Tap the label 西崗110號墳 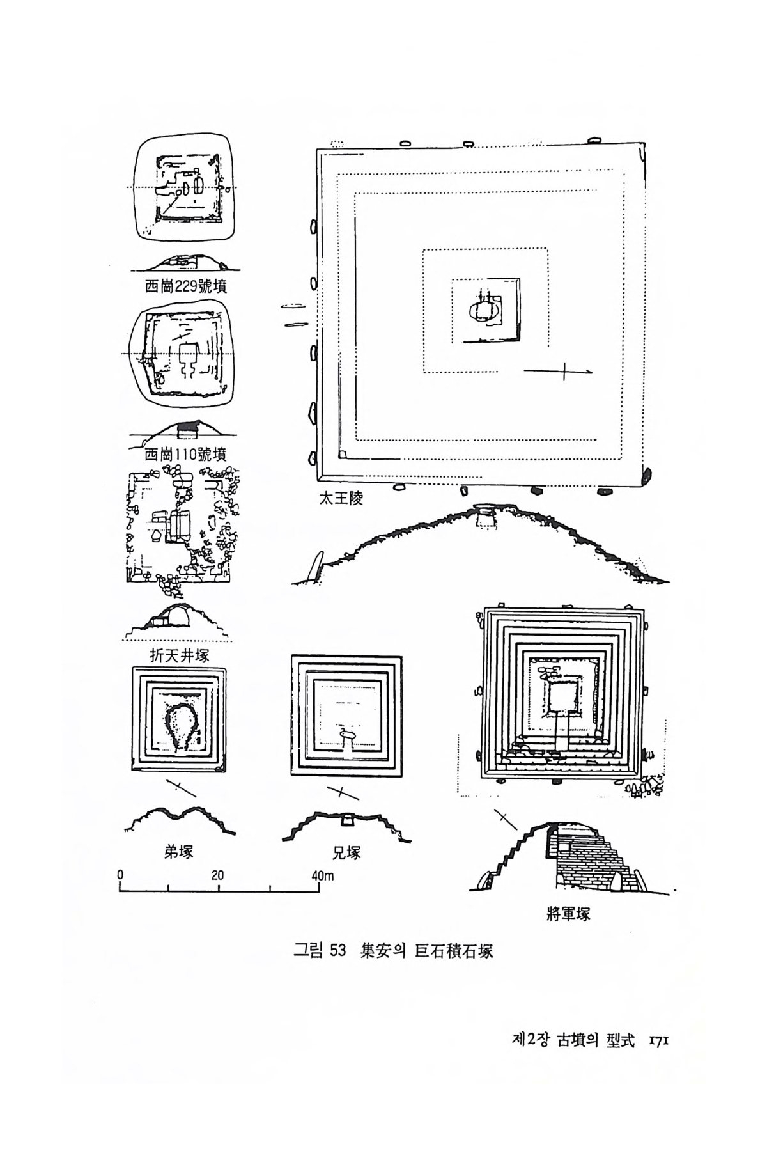coord(185,455)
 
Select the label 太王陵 coord(341,498)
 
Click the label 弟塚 coord(178,852)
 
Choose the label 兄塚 coord(347,852)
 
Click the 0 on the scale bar coord(120,875)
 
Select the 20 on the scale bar coord(217,875)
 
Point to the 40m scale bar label coord(323,875)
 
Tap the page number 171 coord(657,1059)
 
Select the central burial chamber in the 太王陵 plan coord(484,310)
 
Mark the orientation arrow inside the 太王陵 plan coord(559,371)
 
